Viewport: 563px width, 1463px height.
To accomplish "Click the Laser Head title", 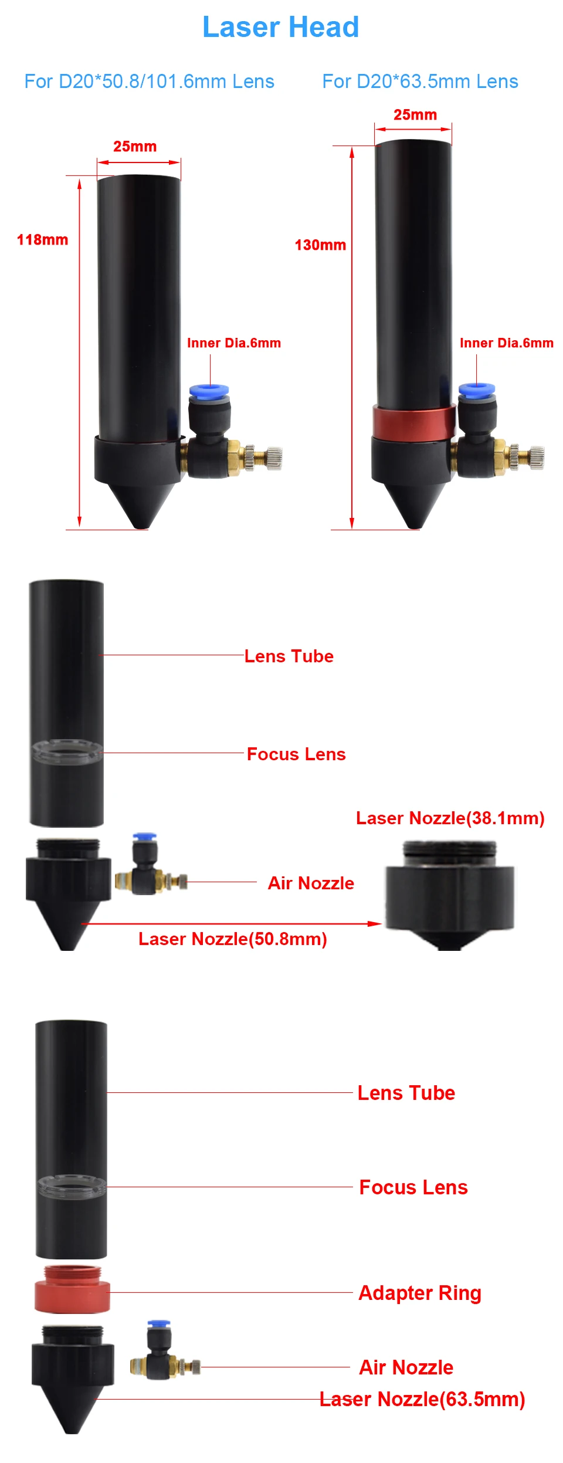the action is click(x=280, y=27).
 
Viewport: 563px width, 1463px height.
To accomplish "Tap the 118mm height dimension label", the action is click(x=42, y=239).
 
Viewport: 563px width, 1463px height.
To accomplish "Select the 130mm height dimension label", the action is click(x=320, y=245).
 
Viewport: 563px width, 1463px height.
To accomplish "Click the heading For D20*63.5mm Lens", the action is click(x=420, y=81).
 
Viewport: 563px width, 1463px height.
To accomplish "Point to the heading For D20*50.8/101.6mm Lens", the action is click(x=149, y=81).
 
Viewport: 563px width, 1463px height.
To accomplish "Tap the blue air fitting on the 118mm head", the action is click(x=209, y=391).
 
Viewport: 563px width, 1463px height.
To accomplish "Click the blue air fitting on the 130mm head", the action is click(x=476, y=390).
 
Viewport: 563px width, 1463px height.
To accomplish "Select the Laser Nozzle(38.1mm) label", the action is click(x=450, y=818).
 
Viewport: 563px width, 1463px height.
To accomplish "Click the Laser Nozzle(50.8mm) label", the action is click(x=232, y=939).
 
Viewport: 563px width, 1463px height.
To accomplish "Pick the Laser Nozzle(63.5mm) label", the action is click(x=422, y=1399).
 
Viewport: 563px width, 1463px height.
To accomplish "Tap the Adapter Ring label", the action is click(x=420, y=1292).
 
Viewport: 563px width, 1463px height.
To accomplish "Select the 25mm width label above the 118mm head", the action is click(x=135, y=146).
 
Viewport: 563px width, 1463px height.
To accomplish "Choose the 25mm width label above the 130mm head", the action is click(x=415, y=114).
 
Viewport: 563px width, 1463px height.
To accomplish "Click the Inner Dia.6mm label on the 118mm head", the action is click(x=234, y=343).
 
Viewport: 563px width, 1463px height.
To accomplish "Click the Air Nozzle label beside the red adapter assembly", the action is click(x=406, y=1367).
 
